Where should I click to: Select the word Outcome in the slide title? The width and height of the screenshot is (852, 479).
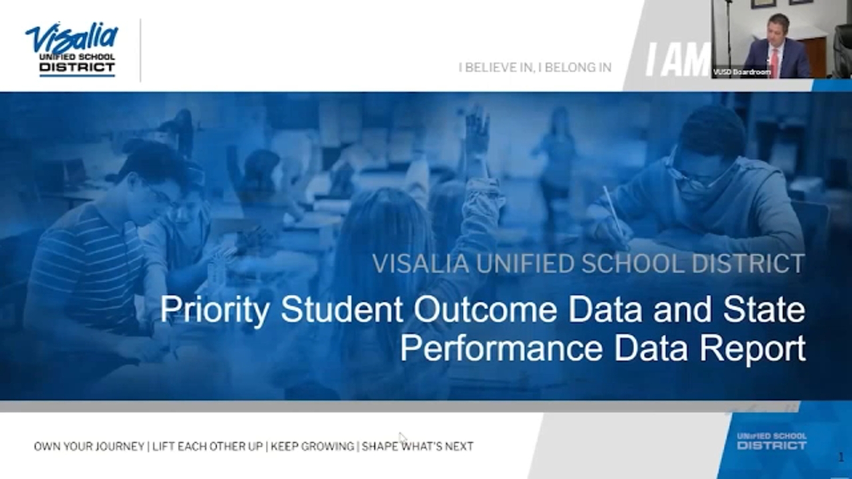[485, 309]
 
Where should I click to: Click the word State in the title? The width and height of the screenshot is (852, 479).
[764, 309]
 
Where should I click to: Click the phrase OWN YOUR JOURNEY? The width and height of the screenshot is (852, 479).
[89, 446]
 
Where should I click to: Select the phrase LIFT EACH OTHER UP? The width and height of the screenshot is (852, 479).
[208, 446]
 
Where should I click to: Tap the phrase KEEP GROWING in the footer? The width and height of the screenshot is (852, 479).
[312, 446]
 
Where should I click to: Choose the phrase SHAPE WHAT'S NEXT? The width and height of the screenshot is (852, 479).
[417, 446]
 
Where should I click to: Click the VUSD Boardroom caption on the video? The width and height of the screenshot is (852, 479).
[741, 72]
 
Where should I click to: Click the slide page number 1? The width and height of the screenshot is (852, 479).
[841, 457]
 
